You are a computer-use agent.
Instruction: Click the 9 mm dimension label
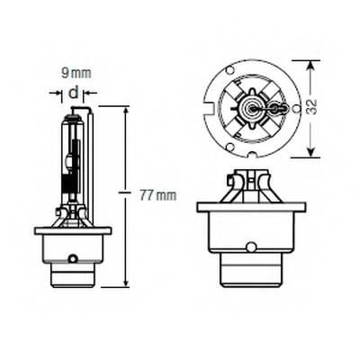coord(76,74)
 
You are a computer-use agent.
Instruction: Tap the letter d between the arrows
coord(74,93)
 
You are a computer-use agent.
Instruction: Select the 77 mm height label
coord(158,196)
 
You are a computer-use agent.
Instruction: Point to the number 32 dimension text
coord(312,107)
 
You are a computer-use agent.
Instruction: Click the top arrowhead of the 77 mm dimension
coord(126,112)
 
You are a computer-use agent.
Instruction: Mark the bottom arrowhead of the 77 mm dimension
coord(126,282)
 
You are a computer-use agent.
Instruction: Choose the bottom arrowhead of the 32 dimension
coord(311,152)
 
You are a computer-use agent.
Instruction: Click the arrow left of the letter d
coord(56,93)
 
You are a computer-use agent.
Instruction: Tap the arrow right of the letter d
coord(90,93)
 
